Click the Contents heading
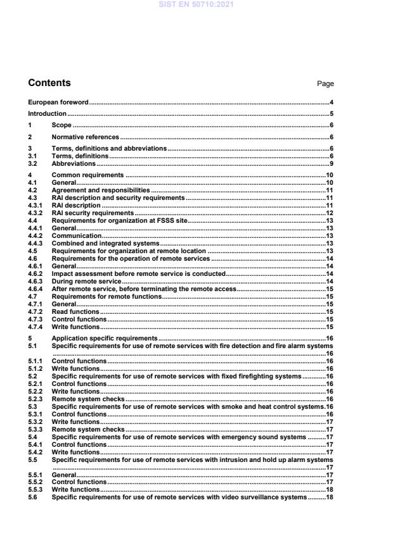(49, 83)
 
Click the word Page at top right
(325, 84)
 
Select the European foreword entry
(58, 102)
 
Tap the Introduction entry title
(48, 114)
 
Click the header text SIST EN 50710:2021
(196, 5)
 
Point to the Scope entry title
(61, 125)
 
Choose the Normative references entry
(85, 137)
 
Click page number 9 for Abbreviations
(332, 164)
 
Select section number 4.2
(33, 190)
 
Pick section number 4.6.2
(35, 274)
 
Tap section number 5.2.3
(35, 399)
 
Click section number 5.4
(33, 437)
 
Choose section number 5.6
(33, 497)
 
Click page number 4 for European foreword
(332, 102)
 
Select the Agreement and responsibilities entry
(101, 190)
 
